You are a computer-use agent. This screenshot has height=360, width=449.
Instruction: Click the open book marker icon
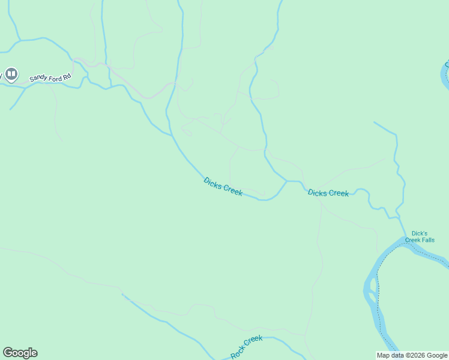[11, 75]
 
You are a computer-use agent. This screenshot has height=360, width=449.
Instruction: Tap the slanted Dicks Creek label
[223, 186]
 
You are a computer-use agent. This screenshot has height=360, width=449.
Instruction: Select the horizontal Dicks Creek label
[328, 193]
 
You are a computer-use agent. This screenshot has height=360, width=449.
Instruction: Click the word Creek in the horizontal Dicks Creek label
[338, 193]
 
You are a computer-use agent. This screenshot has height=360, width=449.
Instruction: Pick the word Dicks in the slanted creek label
[213, 182]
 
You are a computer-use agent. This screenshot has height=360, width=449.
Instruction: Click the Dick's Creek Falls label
[419, 237]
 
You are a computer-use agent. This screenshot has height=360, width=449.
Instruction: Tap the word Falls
[427, 241]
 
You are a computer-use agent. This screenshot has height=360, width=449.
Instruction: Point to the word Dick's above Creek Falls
[419, 233]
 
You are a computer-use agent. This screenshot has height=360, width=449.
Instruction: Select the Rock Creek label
[247, 347]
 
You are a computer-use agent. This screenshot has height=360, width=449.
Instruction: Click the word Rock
[238, 352]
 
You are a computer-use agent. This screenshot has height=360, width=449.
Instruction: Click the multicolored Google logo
[20, 353]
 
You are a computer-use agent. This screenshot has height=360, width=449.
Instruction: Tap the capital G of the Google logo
[8, 353]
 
